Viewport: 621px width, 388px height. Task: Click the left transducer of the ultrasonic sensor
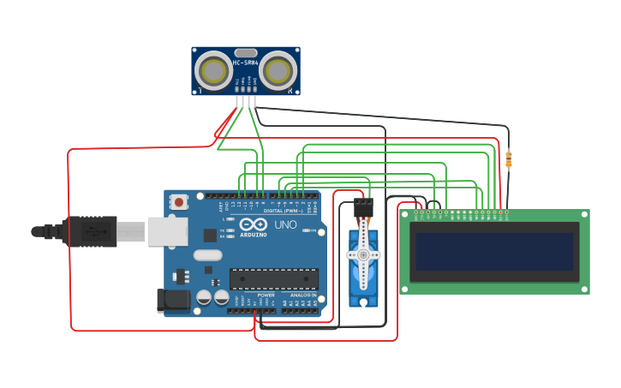[x=213, y=71]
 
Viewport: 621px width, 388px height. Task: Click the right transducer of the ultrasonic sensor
[x=278, y=71]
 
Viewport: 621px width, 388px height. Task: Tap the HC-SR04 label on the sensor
[x=245, y=63]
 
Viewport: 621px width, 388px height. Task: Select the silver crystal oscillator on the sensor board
[x=245, y=52]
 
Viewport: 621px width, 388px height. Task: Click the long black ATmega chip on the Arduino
[x=273, y=279]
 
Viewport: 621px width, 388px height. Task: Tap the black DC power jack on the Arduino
[x=172, y=300]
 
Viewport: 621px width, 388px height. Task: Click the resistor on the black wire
[x=509, y=159]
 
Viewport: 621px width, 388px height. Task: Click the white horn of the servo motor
[x=362, y=254]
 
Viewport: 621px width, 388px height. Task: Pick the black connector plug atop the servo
[x=363, y=207]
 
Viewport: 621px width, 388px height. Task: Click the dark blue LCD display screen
[x=494, y=251]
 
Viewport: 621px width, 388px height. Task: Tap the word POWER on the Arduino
[x=266, y=295]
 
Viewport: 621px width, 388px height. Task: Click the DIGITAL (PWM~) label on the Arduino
[x=284, y=210]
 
